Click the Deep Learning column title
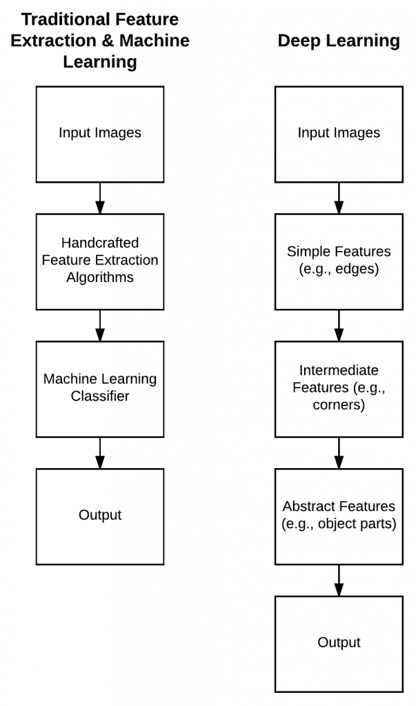[339, 41]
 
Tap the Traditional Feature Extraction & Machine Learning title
[100, 41]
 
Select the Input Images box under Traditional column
[100, 134]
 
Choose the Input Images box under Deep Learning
[339, 134]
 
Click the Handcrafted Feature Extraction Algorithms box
[100, 261]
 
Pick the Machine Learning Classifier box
[100, 389]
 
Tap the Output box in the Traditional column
[100, 516]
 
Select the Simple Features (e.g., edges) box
[339, 261]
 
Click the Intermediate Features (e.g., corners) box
[339, 389]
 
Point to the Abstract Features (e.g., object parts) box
[339, 516]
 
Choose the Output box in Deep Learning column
[339, 644]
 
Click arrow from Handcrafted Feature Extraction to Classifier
[100, 325]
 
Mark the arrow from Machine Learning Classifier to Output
[100, 453]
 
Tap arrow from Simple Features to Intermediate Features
[339, 325]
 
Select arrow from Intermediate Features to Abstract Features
[339, 453]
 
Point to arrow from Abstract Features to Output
[339, 581]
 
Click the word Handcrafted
[100, 243]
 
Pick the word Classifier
[100, 396]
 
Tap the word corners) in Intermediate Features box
[339, 405]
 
